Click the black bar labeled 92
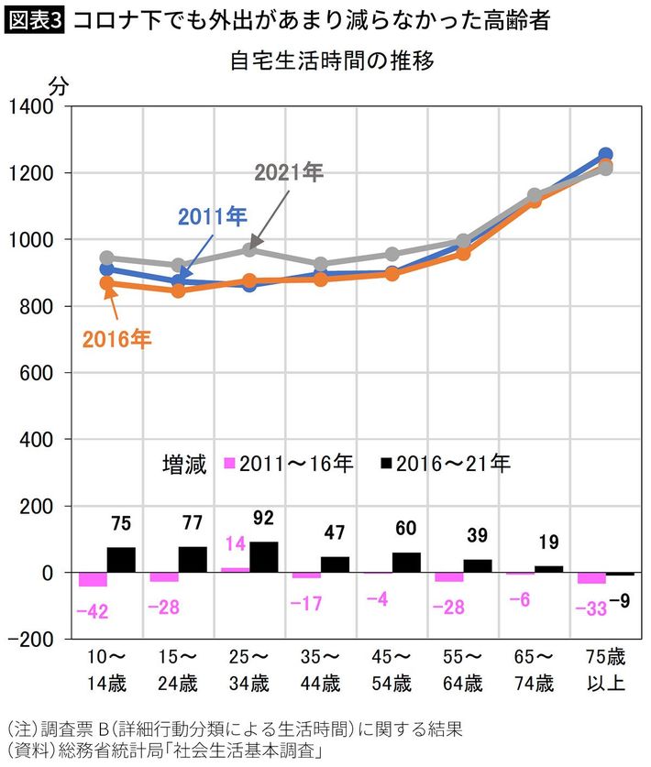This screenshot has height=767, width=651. click(263, 557)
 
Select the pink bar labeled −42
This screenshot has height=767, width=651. click(93, 579)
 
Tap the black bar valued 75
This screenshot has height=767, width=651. click(120, 560)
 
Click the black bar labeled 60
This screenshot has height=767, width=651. click(406, 563)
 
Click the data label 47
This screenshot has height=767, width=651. click(334, 532)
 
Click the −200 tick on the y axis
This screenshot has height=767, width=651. click(33, 640)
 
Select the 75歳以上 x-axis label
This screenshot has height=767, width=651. click(604, 671)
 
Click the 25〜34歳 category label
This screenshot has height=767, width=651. click(248, 671)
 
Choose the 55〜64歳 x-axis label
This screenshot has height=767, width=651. click(461, 671)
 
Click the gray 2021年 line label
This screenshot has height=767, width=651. click(289, 172)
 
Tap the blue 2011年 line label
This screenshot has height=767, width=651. click(212, 217)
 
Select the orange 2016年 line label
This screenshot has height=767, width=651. click(116, 339)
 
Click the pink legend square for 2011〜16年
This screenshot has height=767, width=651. click(229, 464)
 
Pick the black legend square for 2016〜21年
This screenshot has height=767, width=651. click(386, 464)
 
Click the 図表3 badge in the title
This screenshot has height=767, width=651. click(35, 21)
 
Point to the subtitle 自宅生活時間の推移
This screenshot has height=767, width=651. click(332, 62)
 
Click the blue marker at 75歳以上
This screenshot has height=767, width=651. click(605, 155)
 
